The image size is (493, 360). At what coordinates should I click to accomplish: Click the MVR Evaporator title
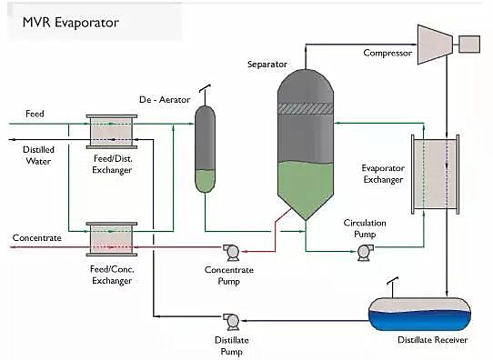71,23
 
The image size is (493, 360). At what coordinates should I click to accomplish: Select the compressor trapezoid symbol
435,45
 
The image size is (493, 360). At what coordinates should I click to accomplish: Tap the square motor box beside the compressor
469,44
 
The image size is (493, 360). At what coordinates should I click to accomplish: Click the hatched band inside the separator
306,108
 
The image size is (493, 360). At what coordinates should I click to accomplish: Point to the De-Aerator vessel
205,149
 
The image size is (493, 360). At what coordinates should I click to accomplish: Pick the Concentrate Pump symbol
232,252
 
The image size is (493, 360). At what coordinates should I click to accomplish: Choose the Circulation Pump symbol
365,252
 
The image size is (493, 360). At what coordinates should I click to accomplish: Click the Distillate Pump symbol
231,321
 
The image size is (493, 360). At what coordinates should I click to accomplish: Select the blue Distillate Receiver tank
419,314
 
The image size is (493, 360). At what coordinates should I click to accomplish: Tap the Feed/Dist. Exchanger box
112,132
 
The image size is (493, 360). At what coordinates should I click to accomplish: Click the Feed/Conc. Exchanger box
112,239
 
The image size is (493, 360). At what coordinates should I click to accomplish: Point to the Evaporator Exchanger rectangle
436,175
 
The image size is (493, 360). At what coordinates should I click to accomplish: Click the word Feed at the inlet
35,114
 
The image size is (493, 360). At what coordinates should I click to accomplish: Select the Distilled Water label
38,155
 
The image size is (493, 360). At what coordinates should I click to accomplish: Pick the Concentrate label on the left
36,238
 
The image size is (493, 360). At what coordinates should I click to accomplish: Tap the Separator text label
267,65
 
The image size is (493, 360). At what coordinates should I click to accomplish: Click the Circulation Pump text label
365,228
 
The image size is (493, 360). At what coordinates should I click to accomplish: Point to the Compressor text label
387,53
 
